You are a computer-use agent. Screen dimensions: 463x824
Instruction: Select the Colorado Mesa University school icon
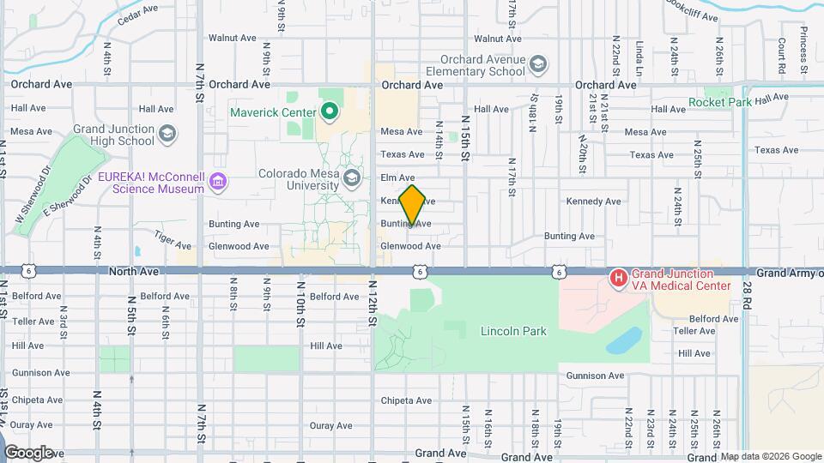[350, 178]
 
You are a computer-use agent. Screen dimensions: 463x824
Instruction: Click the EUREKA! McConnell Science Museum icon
[218, 181]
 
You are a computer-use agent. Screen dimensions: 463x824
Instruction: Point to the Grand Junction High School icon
[167, 133]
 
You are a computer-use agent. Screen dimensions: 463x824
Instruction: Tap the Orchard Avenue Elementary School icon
[537, 65]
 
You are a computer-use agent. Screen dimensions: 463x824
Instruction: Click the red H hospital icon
[617, 278]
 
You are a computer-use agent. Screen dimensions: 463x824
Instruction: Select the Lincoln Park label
[513, 330]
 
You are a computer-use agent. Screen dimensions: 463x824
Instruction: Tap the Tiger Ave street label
[172, 234]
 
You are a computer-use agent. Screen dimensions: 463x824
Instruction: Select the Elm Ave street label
[397, 177]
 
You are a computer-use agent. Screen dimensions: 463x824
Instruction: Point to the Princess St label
[804, 50]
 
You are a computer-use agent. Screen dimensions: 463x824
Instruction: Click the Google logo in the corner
[29, 452]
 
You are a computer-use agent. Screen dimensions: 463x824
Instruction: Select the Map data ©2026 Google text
[770, 456]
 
